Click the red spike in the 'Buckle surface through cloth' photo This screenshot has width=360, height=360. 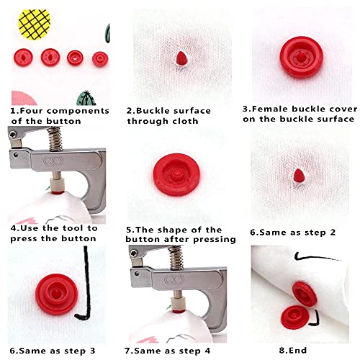pyautogui.click(x=177, y=57)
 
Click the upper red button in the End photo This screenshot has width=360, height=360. pyautogui.click(x=304, y=292)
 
